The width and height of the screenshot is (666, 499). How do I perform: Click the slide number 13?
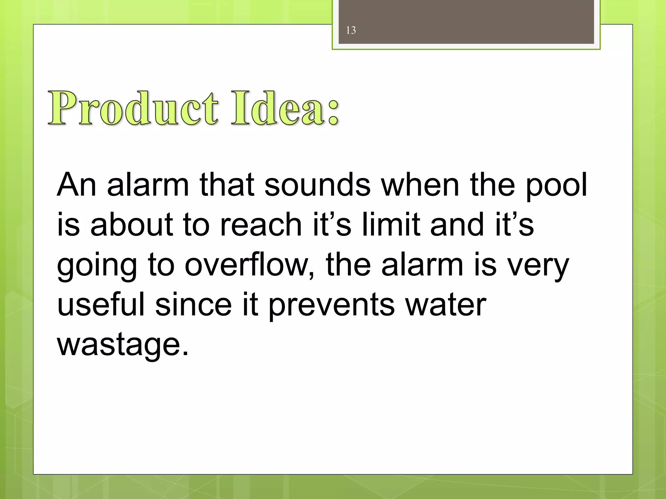coord(351,30)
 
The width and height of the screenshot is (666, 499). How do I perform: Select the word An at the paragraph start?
coord(77,185)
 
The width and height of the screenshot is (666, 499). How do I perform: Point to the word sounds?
coord(317,185)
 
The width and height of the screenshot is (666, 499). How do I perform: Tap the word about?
coord(132,224)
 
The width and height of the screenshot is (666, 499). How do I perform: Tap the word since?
coord(193,304)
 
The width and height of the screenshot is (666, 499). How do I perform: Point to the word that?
coord(227,185)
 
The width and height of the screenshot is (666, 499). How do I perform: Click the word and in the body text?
coord(457,224)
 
